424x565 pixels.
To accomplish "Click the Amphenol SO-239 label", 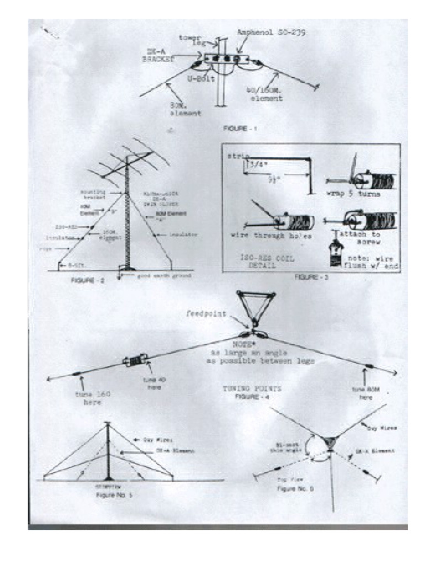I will (271, 33).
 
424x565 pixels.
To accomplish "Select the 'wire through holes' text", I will (263, 235).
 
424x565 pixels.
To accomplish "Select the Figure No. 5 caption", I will (111, 495).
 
